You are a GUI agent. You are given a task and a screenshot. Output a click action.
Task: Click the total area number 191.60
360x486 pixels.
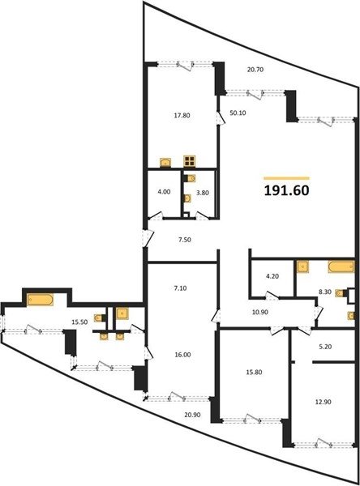(286, 190)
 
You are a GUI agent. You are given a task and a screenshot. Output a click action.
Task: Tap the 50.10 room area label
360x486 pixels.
(238, 113)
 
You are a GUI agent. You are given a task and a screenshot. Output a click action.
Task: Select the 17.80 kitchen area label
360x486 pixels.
(182, 116)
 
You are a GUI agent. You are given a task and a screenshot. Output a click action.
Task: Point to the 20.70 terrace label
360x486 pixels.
(255, 70)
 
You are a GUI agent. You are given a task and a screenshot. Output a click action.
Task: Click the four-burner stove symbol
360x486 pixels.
(189, 161)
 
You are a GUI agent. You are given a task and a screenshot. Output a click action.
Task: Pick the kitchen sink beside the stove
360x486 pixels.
(165, 162)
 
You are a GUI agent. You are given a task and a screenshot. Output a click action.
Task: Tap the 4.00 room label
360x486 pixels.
(164, 192)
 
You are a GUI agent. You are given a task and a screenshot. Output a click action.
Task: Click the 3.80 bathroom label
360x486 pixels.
(203, 193)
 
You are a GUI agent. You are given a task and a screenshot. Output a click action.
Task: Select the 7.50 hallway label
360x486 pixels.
(185, 240)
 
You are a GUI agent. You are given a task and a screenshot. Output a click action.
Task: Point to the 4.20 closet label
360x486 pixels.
(272, 276)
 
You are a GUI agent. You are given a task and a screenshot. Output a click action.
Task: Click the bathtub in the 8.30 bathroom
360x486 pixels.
(341, 266)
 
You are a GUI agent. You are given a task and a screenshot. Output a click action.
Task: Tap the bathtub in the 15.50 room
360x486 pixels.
(40, 300)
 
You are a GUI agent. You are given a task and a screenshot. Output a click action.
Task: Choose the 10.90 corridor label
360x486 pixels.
(260, 313)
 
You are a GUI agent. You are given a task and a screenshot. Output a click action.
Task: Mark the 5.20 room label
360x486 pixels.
(325, 347)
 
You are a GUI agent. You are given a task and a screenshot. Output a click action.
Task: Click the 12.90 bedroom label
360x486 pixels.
(323, 402)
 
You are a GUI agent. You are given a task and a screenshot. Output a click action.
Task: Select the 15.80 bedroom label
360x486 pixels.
(254, 373)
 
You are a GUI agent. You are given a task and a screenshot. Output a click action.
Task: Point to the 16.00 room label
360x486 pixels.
(182, 355)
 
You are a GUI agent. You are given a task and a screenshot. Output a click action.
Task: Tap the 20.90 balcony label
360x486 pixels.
(192, 415)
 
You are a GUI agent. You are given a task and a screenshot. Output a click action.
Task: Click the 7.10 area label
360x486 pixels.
(181, 288)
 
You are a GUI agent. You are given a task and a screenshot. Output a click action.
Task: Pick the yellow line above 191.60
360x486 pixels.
(286, 178)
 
